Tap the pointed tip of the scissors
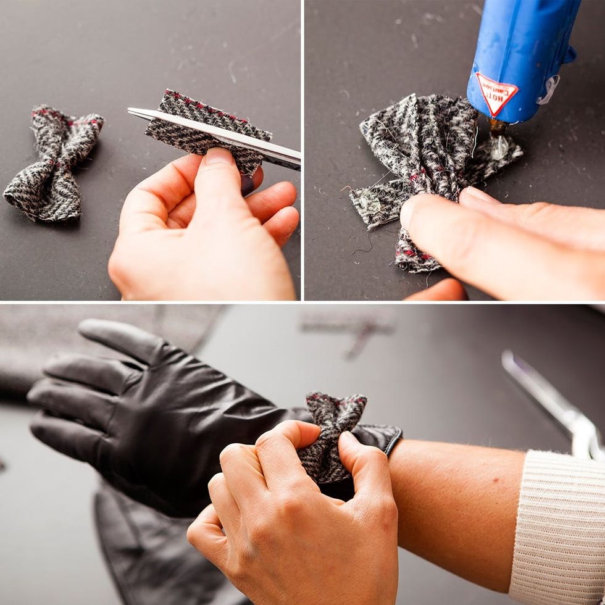[128, 111]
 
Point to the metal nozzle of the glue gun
[496, 126]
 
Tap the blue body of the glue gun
[521, 58]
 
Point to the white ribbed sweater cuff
[558, 527]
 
